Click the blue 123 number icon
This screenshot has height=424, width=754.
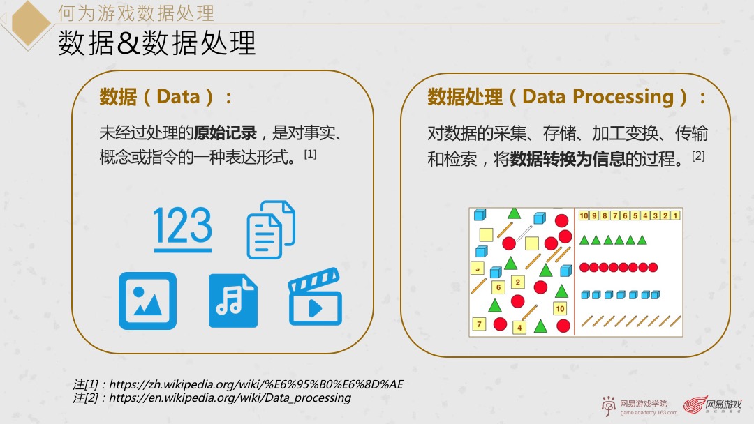click(x=183, y=228)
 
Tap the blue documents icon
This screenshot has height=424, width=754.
click(x=271, y=229)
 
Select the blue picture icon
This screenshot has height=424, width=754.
click(x=147, y=301)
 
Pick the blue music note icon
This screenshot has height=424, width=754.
click(x=233, y=301)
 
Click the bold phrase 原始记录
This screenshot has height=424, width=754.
click(x=226, y=132)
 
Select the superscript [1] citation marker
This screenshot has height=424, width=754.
click(x=310, y=154)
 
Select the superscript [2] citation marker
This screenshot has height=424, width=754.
click(x=698, y=156)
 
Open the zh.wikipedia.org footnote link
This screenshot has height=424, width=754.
click(x=256, y=384)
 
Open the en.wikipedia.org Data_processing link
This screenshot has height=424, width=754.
click(x=230, y=397)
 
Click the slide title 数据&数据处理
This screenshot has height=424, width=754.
click(x=157, y=43)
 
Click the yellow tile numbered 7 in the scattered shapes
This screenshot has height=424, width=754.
click(x=479, y=324)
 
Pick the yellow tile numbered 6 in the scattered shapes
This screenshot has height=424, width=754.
click(x=498, y=287)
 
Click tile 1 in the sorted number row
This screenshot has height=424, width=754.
click(x=675, y=215)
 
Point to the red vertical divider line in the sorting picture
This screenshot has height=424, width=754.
click(x=575, y=271)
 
